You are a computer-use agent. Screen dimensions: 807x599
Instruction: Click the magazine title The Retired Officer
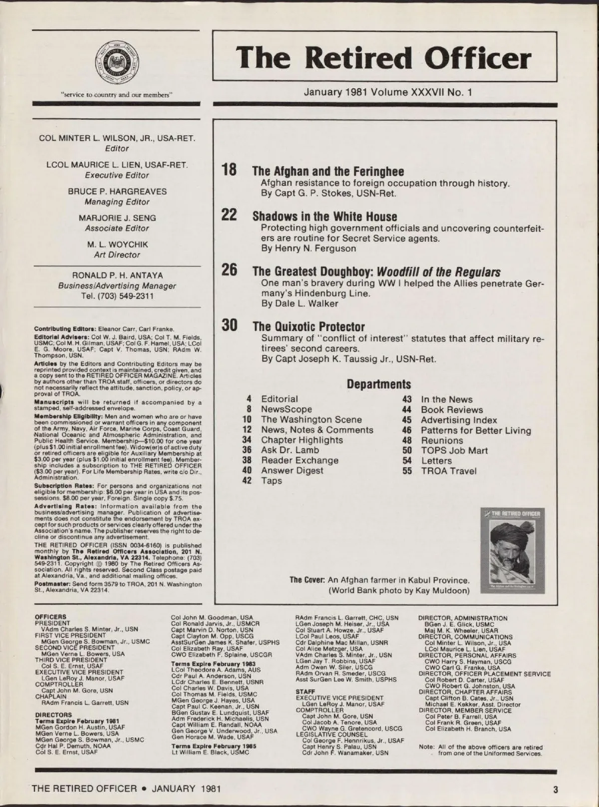(x=384, y=57)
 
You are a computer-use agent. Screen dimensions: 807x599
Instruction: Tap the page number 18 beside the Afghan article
(x=229, y=170)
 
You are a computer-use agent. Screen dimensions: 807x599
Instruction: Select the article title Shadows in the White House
(x=324, y=217)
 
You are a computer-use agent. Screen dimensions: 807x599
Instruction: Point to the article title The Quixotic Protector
(x=308, y=327)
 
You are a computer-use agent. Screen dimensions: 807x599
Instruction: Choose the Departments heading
(x=378, y=384)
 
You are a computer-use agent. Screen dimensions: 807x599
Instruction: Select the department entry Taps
(x=271, y=481)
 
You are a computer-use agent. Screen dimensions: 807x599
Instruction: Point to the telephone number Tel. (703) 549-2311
(x=117, y=296)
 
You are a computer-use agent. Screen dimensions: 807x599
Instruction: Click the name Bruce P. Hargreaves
(x=117, y=192)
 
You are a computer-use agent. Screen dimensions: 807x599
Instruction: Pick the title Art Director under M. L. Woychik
(x=117, y=255)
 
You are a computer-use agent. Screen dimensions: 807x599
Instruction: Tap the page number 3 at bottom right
(x=555, y=789)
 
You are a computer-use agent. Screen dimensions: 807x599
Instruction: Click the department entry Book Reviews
(x=451, y=410)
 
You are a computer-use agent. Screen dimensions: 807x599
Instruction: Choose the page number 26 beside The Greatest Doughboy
(x=229, y=271)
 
